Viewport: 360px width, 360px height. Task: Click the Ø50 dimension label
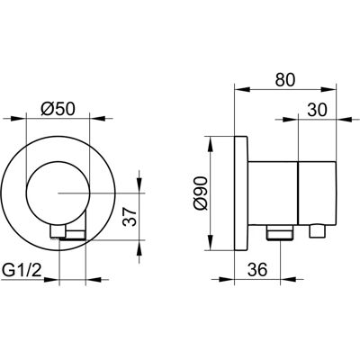tap(58, 109)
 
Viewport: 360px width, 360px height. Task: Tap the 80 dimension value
tap(285, 79)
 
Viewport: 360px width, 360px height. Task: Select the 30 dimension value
tap(318, 110)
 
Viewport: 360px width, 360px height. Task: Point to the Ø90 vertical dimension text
tap(200, 193)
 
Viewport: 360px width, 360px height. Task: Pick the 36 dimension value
tap(257, 269)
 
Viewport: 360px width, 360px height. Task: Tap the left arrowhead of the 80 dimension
tap(242, 89)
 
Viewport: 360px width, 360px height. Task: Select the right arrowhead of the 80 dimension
tap(328, 89)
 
